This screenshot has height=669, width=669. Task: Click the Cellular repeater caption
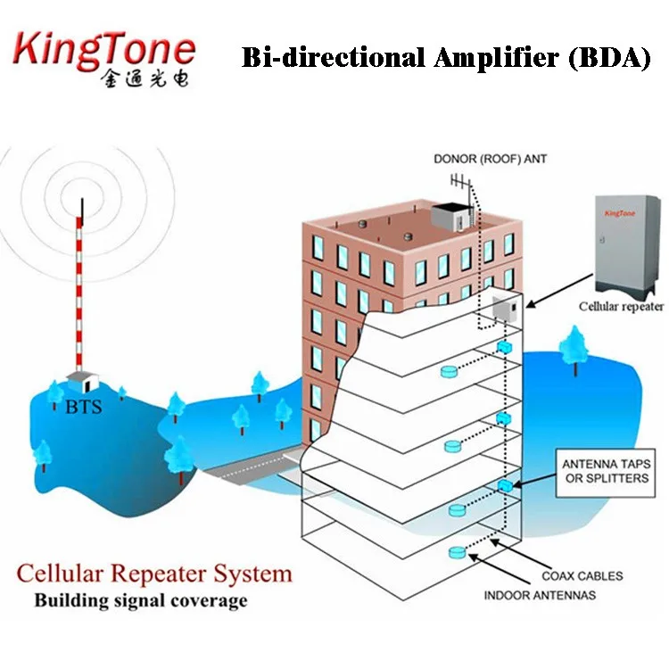(x=621, y=306)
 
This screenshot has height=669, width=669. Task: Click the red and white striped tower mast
(x=81, y=285)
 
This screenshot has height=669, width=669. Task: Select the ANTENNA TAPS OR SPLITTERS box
(x=606, y=472)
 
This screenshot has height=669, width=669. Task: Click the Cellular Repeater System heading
(x=154, y=572)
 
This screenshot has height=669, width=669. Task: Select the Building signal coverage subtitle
(x=140, y=600)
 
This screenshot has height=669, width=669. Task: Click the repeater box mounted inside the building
(x=502, y=308)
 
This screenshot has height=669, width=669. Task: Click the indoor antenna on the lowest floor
(x=458, y=553)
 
